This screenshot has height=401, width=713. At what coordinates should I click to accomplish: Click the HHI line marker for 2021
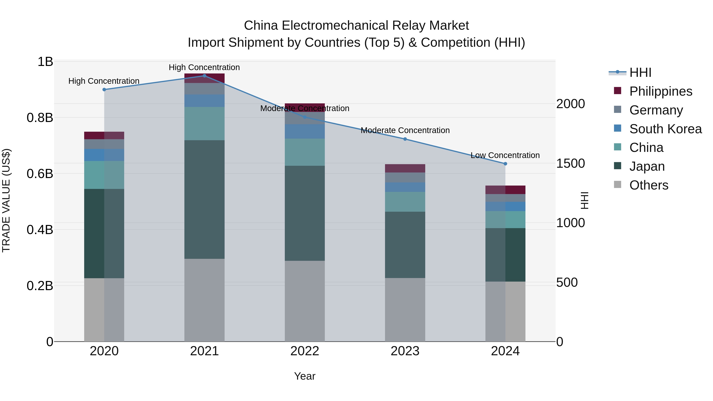[x=204, y=76]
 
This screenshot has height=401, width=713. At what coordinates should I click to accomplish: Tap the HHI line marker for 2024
[x=505, y=164]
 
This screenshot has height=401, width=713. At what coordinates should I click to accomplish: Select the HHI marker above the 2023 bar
[x=405, y=139]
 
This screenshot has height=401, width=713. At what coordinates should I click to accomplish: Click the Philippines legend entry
[x=661, y=91]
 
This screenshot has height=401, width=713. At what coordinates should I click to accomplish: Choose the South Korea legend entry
[x=665, y=129]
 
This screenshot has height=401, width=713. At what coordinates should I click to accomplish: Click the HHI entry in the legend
[x=640, y=72]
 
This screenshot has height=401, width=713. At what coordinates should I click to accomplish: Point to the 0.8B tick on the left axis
[x=40, y=118]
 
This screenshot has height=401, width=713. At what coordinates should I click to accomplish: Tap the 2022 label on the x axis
[x=305, y=351]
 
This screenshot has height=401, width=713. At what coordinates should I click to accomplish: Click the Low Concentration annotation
[x=505, y=155]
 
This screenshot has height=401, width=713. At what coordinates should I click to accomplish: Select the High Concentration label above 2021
[x=204, y=67]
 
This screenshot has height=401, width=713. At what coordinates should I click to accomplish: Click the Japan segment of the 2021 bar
[x=204, y=199]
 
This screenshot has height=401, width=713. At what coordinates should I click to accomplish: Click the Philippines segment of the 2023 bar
[x=405, y=168]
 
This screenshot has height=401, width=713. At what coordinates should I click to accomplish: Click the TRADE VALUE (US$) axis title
[x=6, y=200]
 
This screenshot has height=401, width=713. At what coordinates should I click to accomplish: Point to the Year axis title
[x=305, y=376]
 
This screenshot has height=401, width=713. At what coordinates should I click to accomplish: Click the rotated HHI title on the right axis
[x=584, y=200]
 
